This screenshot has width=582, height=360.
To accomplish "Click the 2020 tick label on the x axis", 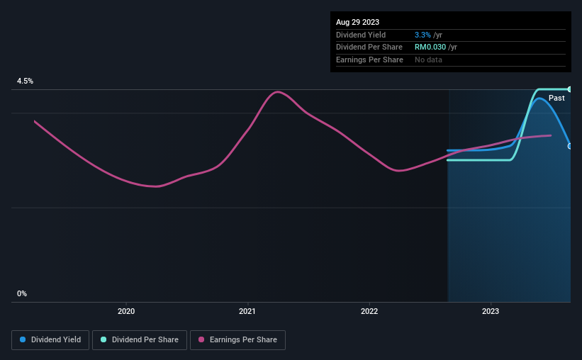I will (x=125, y=311).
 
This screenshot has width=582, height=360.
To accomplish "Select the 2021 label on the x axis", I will (x=247, y=311).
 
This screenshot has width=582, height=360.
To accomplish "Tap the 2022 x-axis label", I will (x=369, y=311).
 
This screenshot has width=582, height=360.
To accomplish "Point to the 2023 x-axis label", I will (x=491, y=311).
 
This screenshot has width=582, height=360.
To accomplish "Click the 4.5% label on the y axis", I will (x=25, y=81).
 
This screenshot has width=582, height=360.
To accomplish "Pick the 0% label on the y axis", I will (x=22, y=293).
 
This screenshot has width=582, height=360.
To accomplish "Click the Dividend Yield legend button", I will (x=50, y=340).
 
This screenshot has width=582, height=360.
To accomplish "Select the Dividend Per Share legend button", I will (x=140, y=340).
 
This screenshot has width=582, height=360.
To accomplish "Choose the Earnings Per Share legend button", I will (x=237, y=340).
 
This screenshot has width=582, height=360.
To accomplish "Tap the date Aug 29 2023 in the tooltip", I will (x=358, y=22).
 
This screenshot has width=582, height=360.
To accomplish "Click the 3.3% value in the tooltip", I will (x=424, y=35).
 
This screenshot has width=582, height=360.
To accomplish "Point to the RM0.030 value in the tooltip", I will (x=430, y=47).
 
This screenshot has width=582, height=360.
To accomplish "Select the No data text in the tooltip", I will (x=428, y=60).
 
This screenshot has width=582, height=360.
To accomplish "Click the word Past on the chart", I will (x=556, y=98).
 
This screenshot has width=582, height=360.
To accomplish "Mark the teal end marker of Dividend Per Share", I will (x=570, y=89).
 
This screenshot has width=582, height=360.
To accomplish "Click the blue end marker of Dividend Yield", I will (x=570, y=146).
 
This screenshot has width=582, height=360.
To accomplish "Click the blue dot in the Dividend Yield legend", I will (x=23, y=340).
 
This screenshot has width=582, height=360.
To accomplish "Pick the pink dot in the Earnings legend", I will (x=201, y=340).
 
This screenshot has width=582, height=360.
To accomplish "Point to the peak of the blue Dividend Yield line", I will (x=540, y=98).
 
